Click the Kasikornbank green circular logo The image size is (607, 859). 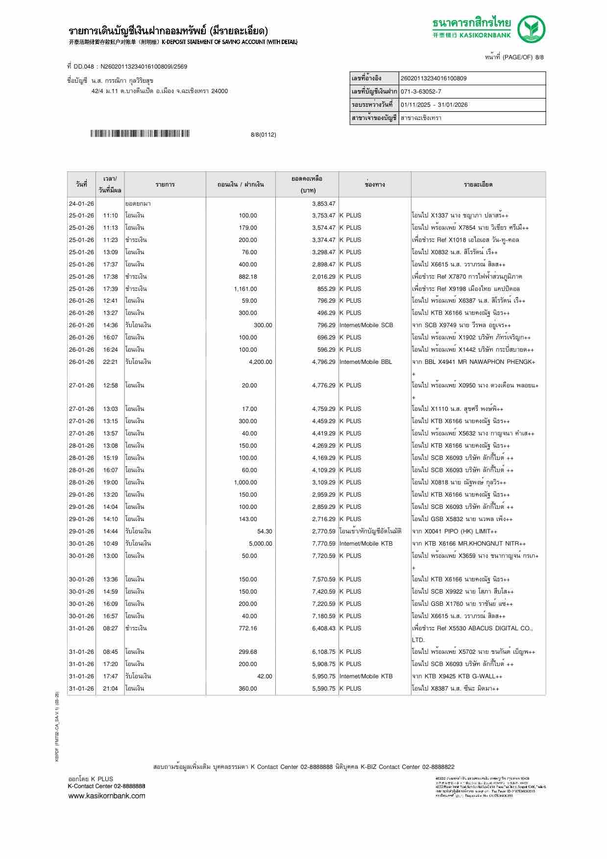pos(532,29)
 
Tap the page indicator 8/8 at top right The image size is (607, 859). pos(539,57)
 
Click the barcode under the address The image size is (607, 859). pos(140,134)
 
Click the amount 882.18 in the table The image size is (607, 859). pos(247,277)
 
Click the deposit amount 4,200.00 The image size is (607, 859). pos(260,362)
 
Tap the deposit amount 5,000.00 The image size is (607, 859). pos(260,544)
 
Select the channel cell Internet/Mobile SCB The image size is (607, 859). pos(366,325)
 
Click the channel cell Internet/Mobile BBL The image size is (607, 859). pos(365,362)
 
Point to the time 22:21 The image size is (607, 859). pos(110,362)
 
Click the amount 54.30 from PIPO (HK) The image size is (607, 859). pos(265,531)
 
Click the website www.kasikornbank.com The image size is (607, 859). pos(107,796)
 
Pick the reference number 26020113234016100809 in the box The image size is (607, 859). pos(434,78)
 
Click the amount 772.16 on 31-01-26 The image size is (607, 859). pos(247,628)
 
